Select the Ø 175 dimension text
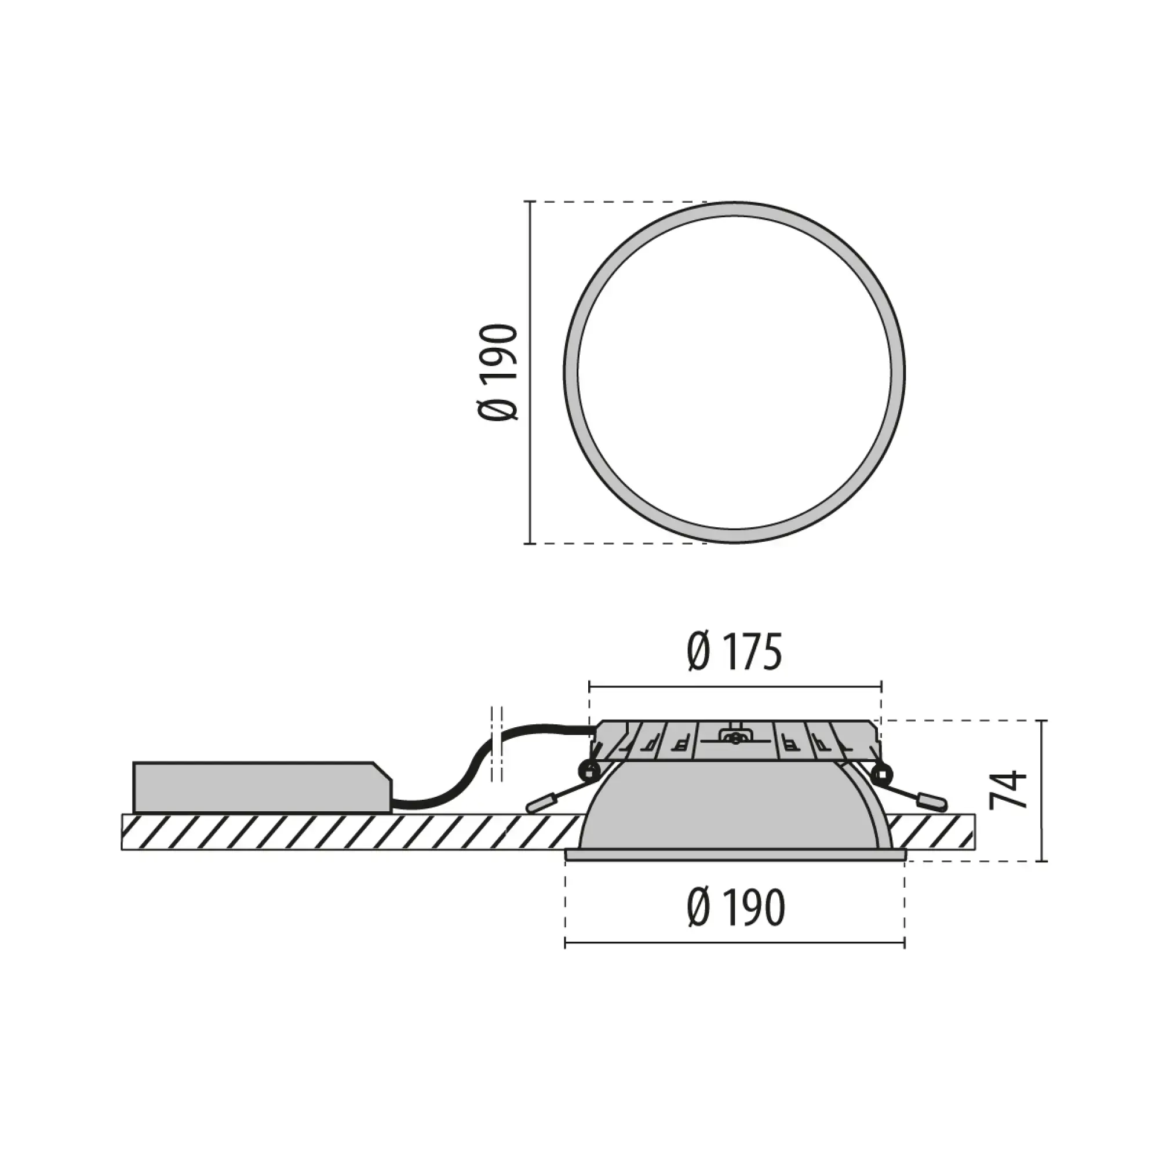pos(734,653)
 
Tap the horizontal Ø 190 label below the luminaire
pos(735,908)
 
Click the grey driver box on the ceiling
pos(258,787)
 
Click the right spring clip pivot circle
pos(881,771)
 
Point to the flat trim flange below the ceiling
pos(734,855)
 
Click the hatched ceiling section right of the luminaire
pos(930,832)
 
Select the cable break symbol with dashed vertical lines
pos(497,745)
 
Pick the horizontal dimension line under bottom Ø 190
pos(734,943)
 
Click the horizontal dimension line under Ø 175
pos(734,686)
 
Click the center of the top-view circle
pos(734,373)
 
